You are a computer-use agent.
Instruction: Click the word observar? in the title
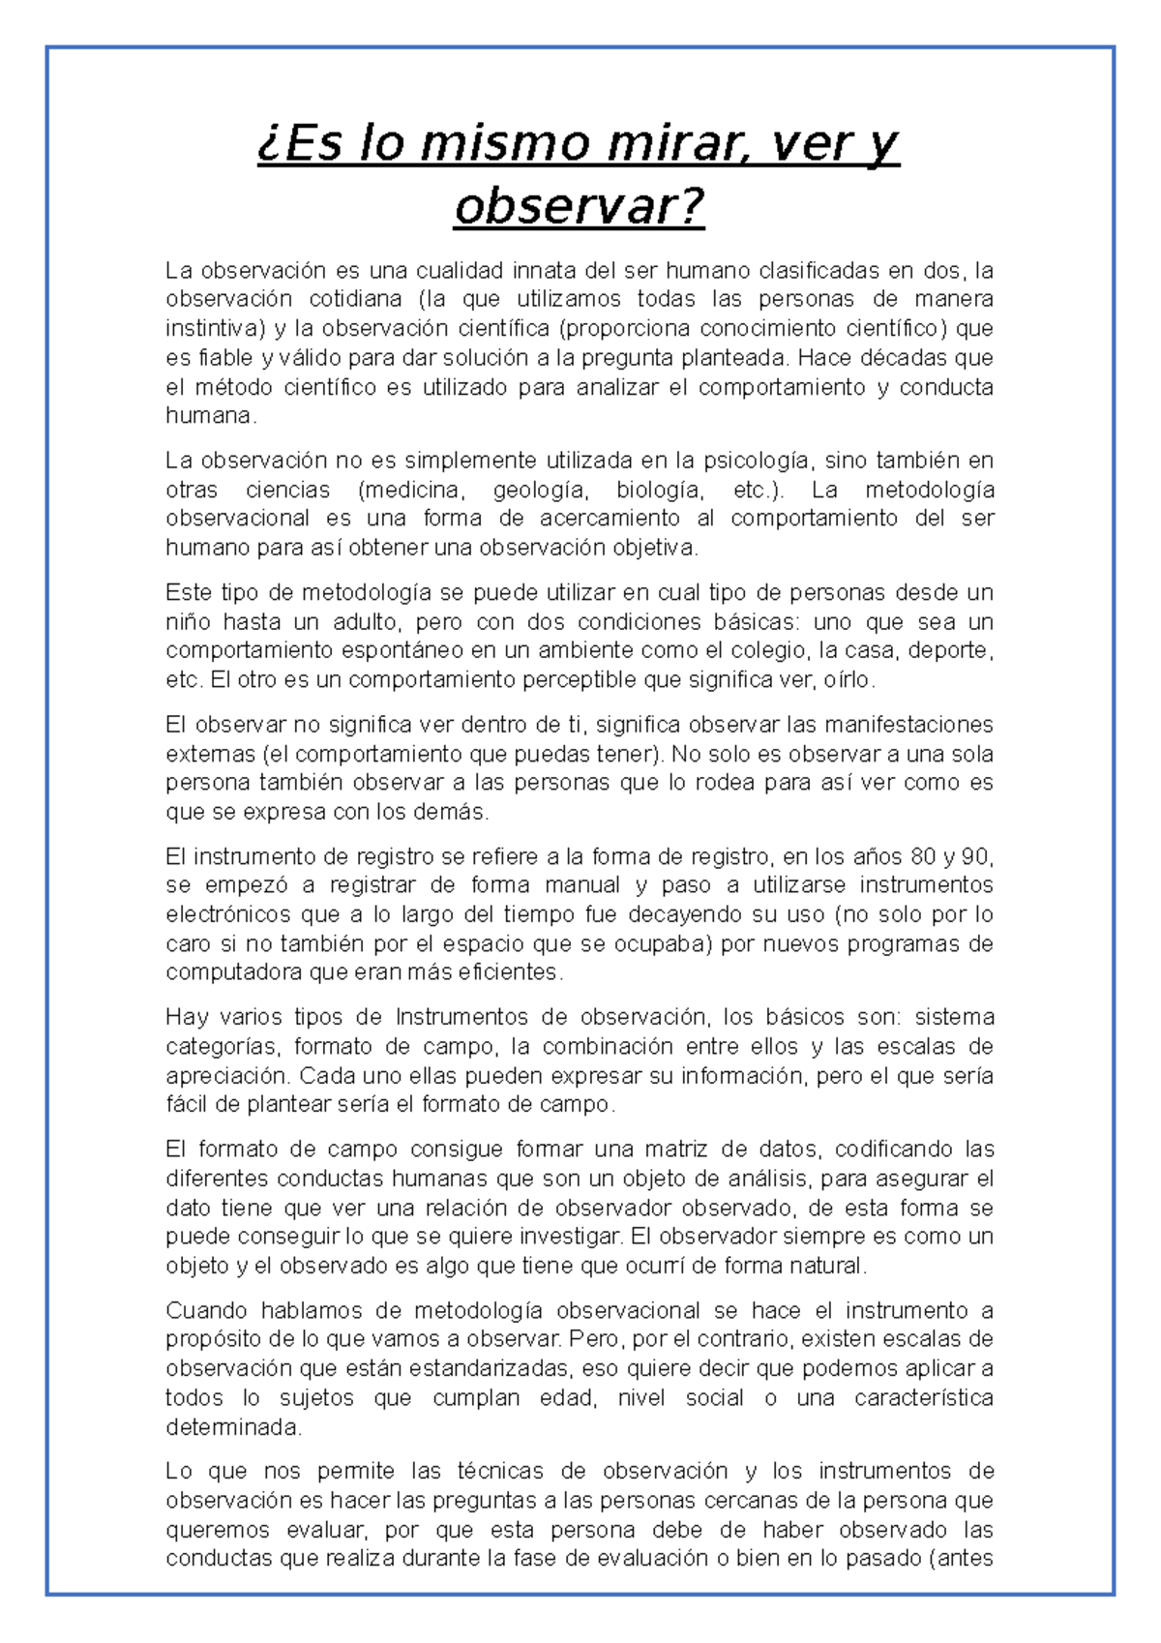click(x=580, y=206)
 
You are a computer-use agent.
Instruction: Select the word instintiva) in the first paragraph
click(x=215, y=328)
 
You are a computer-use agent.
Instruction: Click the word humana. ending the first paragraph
click(x=211, y=416)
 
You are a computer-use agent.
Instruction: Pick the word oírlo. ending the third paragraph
click(x=848, y=680)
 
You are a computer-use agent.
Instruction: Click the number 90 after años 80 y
click(x=976, y=856)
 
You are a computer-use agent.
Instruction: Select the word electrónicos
click(x=226, y=914)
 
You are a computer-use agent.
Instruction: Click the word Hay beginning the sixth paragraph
click(x=186, y=1017)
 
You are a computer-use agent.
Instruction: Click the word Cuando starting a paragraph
click(x=207, y=1311)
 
